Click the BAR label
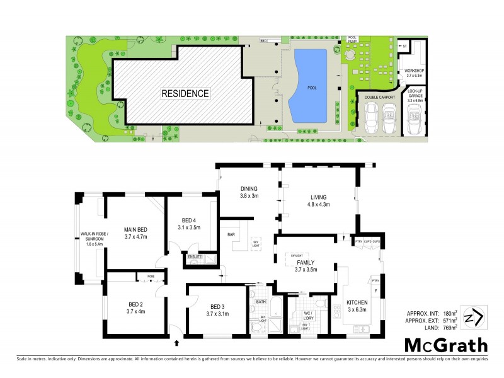coord(231,235)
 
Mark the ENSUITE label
coord(194,257)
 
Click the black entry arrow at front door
coord(176,344)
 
